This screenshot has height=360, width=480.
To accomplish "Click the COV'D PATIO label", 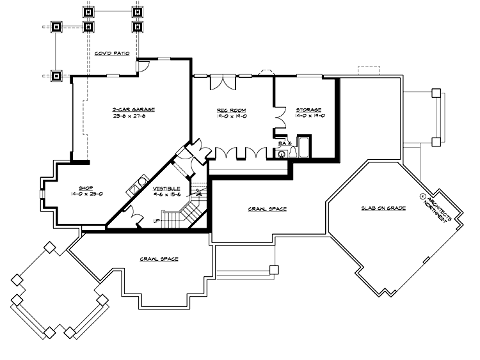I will click(113, 54).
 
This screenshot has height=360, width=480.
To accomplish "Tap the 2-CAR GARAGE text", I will click(133, 109).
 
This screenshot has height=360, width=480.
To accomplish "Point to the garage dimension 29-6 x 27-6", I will click(133, 117).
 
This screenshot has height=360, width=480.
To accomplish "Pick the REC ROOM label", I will click(232, 109).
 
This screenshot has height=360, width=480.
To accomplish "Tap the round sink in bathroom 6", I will click(280, 153).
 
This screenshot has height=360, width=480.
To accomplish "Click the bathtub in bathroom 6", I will click(303, 147).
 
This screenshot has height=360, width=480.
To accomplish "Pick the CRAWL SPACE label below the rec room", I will click(267, 209).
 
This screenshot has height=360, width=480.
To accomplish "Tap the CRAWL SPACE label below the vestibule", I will click(159, 259).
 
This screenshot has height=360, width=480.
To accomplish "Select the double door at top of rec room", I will click(223, 82).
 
